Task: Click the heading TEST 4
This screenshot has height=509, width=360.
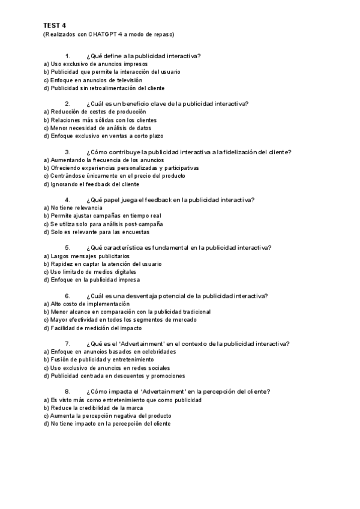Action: tap(55, 25)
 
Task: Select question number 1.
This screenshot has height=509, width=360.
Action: tap(68, 56)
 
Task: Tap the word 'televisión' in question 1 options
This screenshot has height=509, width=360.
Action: tap(127, 80)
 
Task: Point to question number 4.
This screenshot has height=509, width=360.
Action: tap(68, 200)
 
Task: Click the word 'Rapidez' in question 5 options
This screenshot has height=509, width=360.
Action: tap(62, 264)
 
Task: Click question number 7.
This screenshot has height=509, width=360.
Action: tap(68, 344)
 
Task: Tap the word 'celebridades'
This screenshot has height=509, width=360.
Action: tap(158, 352)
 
